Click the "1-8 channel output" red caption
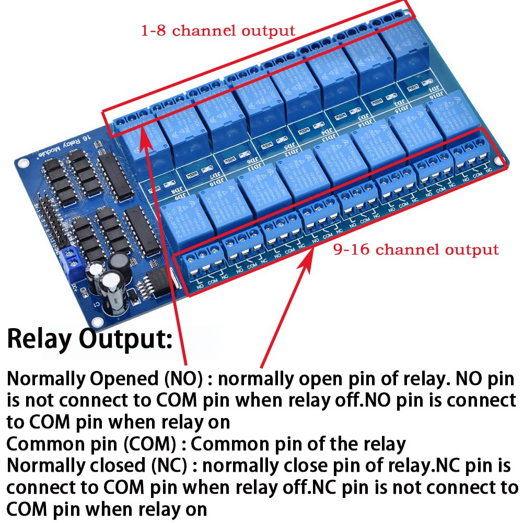point(218,30)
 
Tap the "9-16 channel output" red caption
point(416,249)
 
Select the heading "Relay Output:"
point(89,339)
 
